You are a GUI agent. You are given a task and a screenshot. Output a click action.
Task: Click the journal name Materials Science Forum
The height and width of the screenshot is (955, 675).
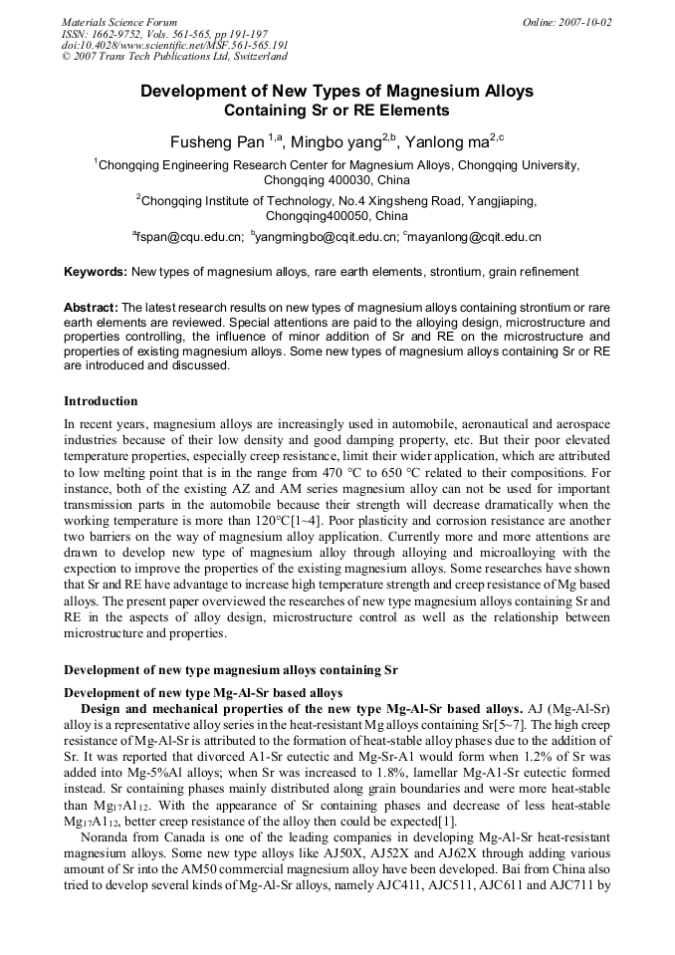(x=119, y=22)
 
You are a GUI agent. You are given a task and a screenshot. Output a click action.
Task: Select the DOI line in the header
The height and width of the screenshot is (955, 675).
(x=174, y=46)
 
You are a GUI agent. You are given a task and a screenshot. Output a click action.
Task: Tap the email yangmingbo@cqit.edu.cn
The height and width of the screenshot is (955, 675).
(x=327, y=237)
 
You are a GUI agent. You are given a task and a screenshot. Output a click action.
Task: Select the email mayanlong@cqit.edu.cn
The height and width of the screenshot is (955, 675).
(x=474, y=237)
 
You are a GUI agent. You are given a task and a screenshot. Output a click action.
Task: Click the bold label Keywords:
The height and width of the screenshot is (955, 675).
(x=96, y=271)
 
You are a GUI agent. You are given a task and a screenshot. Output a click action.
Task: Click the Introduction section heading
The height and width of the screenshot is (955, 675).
(x=101, y=401)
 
